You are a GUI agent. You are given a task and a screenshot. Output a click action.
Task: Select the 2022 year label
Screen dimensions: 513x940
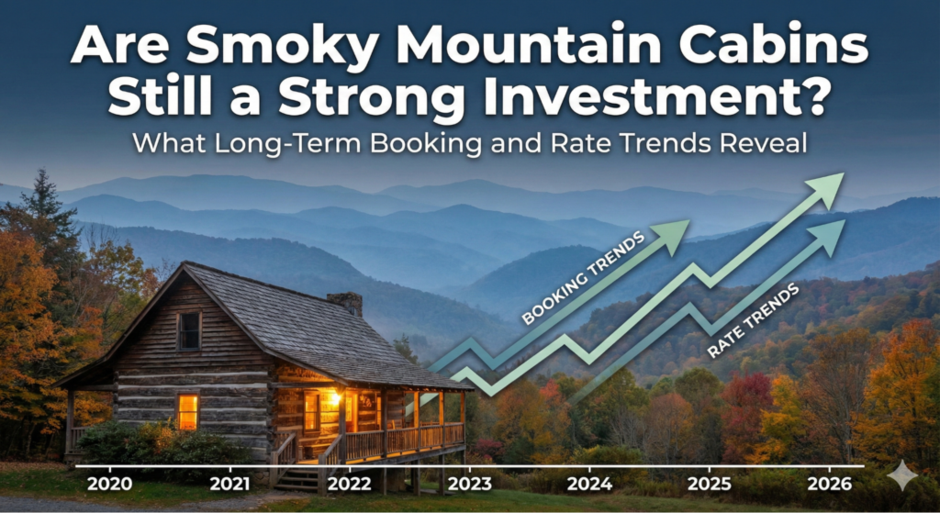(x=349, y=484)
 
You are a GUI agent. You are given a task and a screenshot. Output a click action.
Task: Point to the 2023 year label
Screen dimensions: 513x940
(x=467, y=484)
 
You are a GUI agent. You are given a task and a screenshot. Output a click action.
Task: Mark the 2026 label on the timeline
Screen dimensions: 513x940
(x=830, y=484)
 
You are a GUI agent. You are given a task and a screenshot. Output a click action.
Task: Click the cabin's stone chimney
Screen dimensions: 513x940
(x=345, y=304)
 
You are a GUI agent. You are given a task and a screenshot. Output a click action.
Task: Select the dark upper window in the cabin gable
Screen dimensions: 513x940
(x=189, y=331)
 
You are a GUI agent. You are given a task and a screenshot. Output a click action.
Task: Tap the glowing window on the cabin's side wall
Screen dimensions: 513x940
(x=187, y=411)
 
